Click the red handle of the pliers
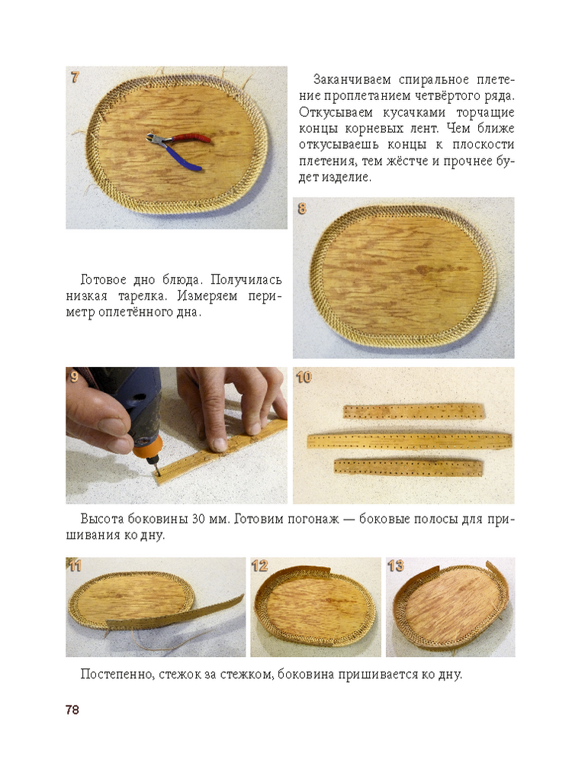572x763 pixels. pos(191,138)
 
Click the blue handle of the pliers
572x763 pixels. pos(184,158)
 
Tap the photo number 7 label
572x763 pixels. pos(75,77)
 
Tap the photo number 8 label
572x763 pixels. pos(302,209)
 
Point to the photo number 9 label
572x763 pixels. pos(75,377)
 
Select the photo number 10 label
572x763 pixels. pos(304,377)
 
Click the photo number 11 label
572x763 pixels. pos(75,566)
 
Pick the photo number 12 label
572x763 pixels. pos(260,566)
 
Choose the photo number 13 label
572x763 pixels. pos(396,566)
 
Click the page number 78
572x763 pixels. pos(72,710)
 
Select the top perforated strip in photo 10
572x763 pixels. pos(414,412)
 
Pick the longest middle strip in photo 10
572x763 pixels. pos(410,441)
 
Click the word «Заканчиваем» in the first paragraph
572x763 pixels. pos(353,79)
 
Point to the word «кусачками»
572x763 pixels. pos(413,112)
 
